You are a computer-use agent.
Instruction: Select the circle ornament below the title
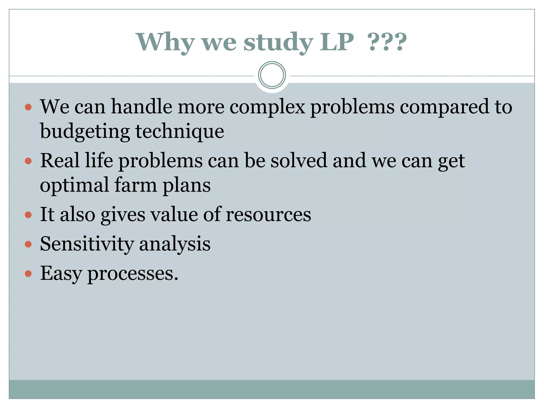click(272, 75)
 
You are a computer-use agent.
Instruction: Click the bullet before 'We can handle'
click(28, 107)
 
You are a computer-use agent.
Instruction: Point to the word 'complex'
click(267, 107)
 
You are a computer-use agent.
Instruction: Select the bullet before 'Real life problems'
click(28, 161)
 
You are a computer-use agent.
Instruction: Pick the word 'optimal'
click(74, 185)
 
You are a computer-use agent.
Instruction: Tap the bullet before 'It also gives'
click(28, 215)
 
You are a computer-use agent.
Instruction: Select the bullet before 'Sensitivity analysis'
click(28, 244)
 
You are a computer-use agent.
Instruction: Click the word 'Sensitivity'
click(87, 244)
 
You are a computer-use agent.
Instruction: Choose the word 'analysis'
click(175, 244)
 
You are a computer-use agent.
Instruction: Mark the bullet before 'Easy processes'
click(28, 274)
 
